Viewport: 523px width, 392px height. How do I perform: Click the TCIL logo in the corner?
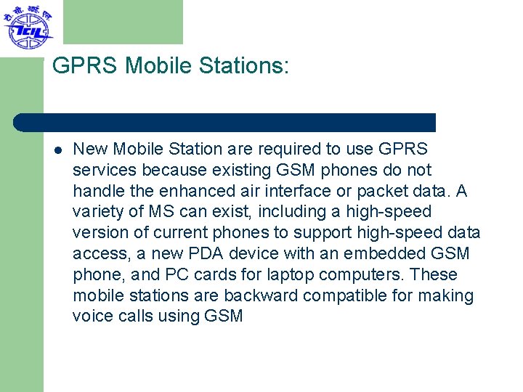[28, 27]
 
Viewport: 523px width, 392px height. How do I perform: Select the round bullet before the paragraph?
[57, 150]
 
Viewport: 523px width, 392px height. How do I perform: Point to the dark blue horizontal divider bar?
[225, 122]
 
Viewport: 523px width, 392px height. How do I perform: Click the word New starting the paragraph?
[90, 150]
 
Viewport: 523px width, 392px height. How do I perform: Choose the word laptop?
[298, 275]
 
